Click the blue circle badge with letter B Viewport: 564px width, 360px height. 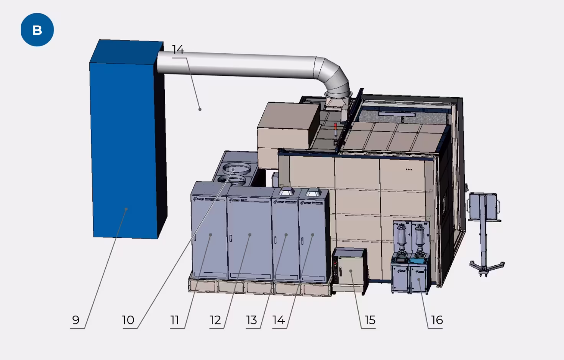coord(37,30)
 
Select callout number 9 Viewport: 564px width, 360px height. coord(76,320)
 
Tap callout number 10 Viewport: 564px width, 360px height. coord(128,320)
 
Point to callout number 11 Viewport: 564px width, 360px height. coord(175,320)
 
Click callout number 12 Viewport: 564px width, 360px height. coord(215,320)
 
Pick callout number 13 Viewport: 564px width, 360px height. coord(251,320)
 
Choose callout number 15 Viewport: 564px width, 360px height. coord(370,320)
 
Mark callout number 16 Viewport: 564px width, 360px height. coord(437,320)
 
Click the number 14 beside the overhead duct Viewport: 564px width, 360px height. coord(178,50)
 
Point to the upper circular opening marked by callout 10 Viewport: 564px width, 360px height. coord(234,169)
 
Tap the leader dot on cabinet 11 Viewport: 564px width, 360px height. coord(210,234)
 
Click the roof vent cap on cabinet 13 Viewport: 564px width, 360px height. coord(286,191)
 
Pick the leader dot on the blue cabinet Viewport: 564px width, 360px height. coord(126,209)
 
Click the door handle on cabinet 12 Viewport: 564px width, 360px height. coord(231,238)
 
